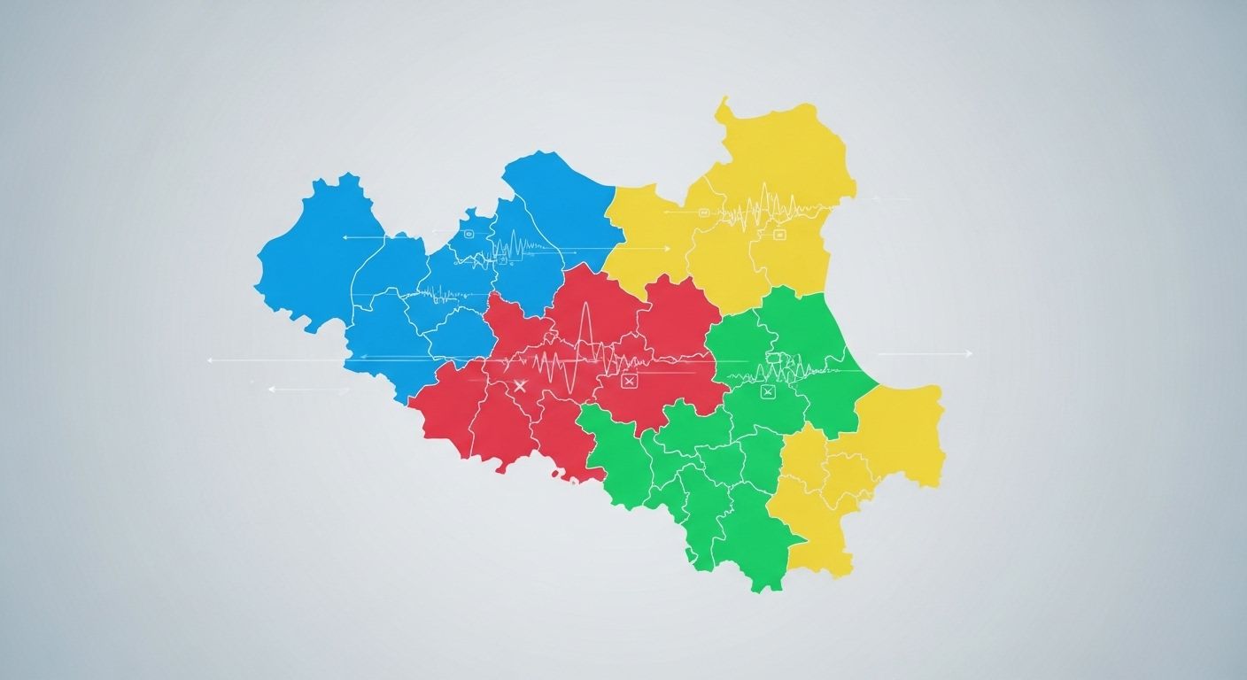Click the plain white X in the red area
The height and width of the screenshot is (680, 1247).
pyautogui.click(x=520, y=385)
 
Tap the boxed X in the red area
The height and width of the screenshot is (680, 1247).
pyautogui.click(x=630, y=381)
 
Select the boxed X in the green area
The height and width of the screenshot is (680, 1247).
pyautogui.click(x=768, y=392)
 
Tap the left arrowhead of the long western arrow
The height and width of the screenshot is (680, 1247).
pyautogui.click(x=210, y=360)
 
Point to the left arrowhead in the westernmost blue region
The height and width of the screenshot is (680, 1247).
pyautogui.click(x=345, y=237)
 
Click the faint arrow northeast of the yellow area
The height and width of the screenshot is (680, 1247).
pyautogui.click(x=890, y=198)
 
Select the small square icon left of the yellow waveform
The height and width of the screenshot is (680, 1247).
pyautogui.click(x=704, y=212)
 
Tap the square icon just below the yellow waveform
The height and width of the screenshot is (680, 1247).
pyautogui.click(x=780, y=235)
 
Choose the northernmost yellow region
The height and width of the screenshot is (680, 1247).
pyautogui.click(x=779, y=151)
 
